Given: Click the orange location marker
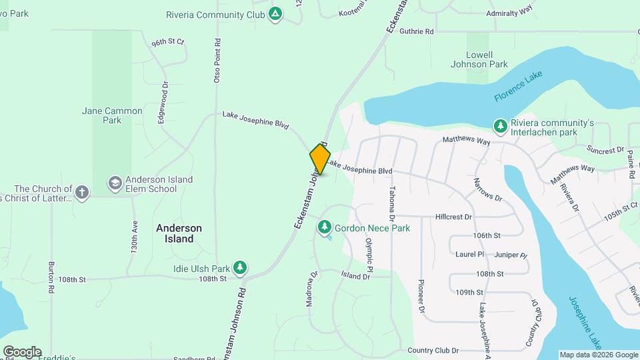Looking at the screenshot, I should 320,159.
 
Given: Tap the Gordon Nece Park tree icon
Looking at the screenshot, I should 325,228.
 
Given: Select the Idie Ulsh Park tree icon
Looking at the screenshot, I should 240,269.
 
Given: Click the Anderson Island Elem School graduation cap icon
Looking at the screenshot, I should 115,183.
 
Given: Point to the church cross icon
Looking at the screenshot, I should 82,193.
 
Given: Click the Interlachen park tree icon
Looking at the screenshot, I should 500,126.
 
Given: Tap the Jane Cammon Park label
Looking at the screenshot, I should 112,115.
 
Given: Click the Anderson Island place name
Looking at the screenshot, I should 179,233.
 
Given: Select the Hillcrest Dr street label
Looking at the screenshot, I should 453,217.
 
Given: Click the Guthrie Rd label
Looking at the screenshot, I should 416,31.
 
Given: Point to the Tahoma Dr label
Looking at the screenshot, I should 392,203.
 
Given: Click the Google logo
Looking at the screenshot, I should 22,351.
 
